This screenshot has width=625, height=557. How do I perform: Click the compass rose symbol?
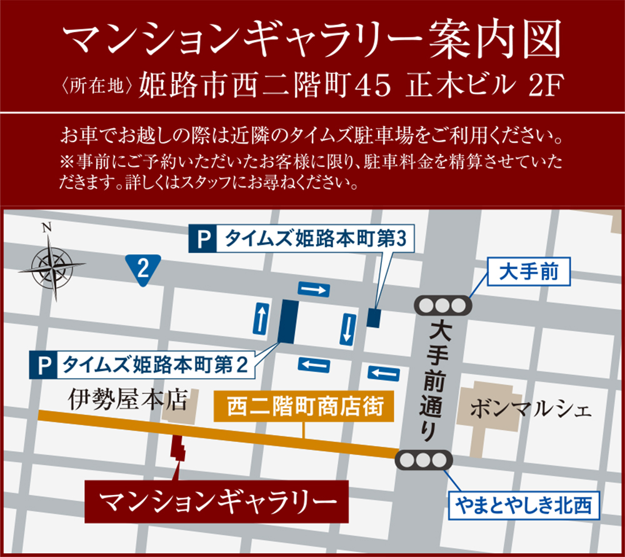pyautogui.click(x=51, y=265)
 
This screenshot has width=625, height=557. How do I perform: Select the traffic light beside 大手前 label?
pyautogui.click(x=442, y=305)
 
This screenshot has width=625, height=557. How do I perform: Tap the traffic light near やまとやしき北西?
pyautogui.click(x=423, y=461)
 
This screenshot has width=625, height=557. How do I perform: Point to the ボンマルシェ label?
pyautogui.click(x=529, y=411)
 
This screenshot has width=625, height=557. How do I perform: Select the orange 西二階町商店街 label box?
pyautogui.click(x=304, y=407)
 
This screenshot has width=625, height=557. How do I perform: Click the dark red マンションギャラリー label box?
pyautogui.click(x=216, y=501)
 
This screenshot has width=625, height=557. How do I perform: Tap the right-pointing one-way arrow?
pyautogui.click(x=313, y=289)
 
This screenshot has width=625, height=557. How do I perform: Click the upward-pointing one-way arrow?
pyautogui.click(x=261, y=317)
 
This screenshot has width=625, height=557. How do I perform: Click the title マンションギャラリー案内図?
pyautogui.click(x=312, y=41)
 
